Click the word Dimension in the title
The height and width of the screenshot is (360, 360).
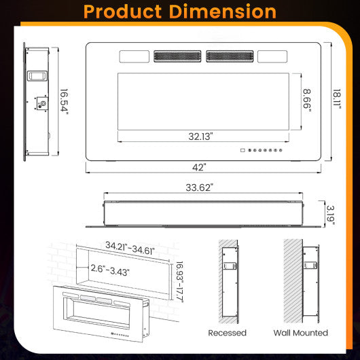(226, 12)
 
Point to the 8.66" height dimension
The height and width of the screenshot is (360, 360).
(307, 100)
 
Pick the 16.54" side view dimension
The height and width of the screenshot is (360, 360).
(64, 103)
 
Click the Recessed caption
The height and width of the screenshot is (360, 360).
(228, 333)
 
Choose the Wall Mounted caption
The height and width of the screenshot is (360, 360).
(300, 333)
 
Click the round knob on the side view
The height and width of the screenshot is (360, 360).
(41, 105)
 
